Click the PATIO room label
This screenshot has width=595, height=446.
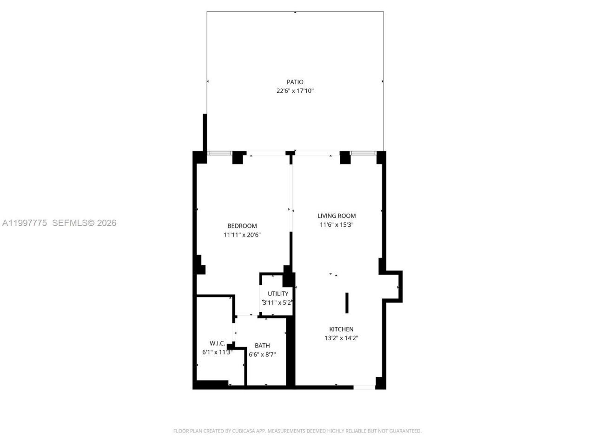[295, 82]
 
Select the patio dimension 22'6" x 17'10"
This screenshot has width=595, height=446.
[295, 91]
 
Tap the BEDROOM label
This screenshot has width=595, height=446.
[242, 226]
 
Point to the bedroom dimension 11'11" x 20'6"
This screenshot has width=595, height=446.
[242, 235]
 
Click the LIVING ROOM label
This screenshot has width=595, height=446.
[337, 216]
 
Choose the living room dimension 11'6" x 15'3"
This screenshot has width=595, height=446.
[337, 225]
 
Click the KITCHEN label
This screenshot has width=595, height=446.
[341, 329]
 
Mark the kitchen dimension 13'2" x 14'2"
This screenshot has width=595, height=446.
[341, 338]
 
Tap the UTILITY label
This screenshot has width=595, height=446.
[278, 294]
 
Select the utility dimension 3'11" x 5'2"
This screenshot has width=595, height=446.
[278, 302]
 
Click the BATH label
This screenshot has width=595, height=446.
[262, 346]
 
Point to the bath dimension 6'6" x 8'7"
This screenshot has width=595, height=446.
[262, 354]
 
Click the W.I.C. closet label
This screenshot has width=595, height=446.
[217, 343]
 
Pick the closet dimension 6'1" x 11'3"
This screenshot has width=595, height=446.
[217, 352]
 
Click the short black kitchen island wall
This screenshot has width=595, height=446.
[347, 303]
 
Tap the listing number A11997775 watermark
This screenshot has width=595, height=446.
[25, 223]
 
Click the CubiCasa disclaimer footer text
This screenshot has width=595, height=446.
[297, 431]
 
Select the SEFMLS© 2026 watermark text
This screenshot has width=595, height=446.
[84, 223]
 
